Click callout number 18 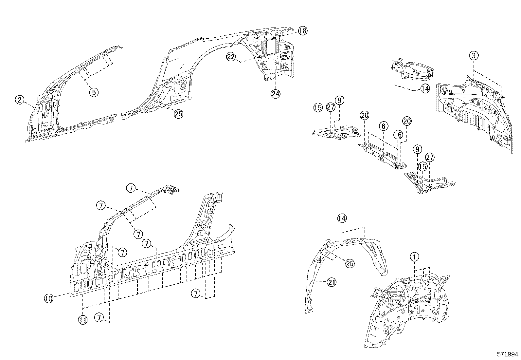[x=303, y=31]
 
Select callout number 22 [x=231, y=57]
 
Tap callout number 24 [x=276, y=93]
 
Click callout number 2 [x=20, y=100]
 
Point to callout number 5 [x=94, y=92]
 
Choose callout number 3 [x=474, y=55]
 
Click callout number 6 [x=384, y=126]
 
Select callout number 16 [x=398, y=135]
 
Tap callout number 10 [x=49, y=298]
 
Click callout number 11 [x=83, y=320]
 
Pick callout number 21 [x=332, y=282]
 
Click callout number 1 [x=414, y=256]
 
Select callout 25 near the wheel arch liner [x=350, y=263]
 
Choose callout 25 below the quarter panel [x=178, y=114]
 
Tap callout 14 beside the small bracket [x=425, y=88]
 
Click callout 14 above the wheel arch [x=342, y=218]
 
